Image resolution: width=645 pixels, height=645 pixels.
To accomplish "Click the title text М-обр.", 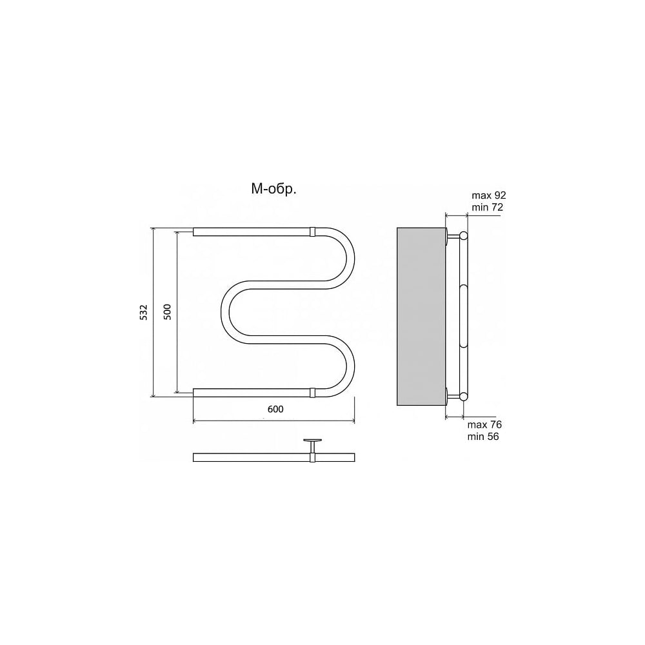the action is pyautogui.click(x=273, y=189).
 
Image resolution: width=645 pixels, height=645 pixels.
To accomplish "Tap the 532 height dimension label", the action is pyautogui.click(x=143, y=312).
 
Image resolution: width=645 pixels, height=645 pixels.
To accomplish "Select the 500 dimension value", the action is pyautogui.click(x=167, y=312).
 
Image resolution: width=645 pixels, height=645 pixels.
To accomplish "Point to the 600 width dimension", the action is pyautogui.click(x=275, y=410).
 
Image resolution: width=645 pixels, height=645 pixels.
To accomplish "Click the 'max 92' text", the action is pyautogui.click(x=489, y=195).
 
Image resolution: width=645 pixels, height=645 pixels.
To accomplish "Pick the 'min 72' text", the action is pyautogui.click(x=487, y=207).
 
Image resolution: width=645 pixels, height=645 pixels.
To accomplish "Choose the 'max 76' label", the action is pyautogui.click(x=484, y=424).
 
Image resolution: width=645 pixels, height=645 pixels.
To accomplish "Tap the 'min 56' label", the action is pyautogui.click(x=483, y=437).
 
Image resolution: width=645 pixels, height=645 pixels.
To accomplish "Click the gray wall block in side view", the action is pyautogui.click(x=421, y=316).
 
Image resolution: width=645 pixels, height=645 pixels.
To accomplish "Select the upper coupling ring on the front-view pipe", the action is pyautogui.click(x=312, y=232).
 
